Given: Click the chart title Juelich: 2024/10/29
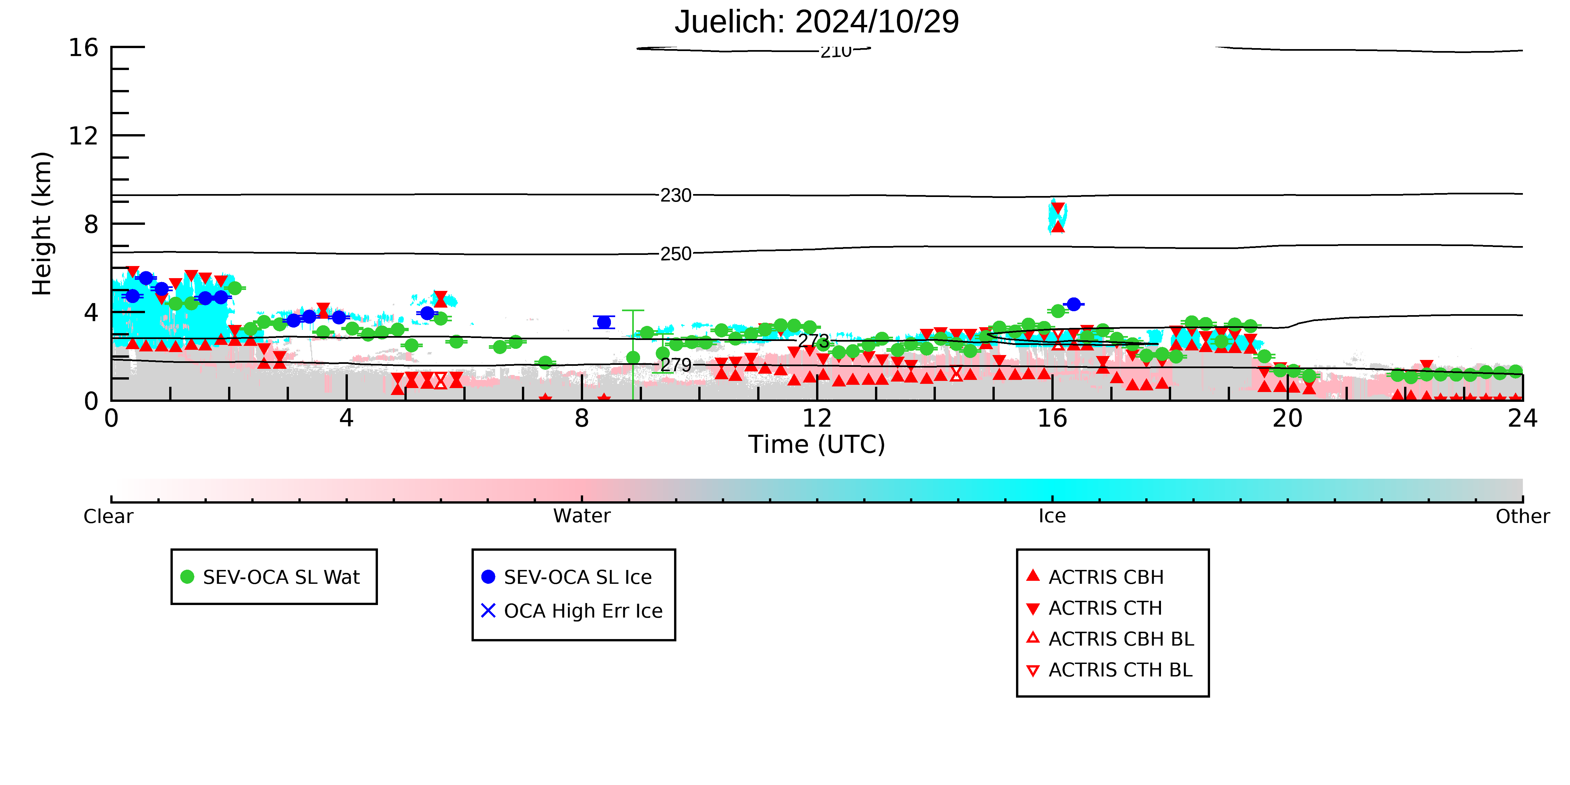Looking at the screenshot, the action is coord(817,22).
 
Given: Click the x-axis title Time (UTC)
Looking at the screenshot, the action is coord(817,444).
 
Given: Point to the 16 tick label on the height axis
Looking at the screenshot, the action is coord(83,47).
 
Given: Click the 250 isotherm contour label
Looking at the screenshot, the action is coord(676,254).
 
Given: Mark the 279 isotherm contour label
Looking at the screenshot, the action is coord(676,365).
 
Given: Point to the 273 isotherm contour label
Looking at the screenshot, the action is coord(814,341).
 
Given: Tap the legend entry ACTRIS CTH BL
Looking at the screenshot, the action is coord(1109,670).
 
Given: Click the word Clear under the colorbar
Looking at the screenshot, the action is coord(108,516).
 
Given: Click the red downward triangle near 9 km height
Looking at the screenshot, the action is coord(1058,208).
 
